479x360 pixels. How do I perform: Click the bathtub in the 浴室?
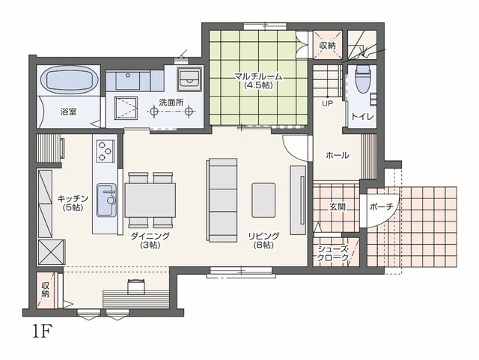[69, 80]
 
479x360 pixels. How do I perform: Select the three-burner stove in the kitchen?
[106, 150]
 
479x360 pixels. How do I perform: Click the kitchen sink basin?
[106, 200]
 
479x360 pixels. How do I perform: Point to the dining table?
[150, 200]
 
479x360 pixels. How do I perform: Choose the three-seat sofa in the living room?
[222, 200]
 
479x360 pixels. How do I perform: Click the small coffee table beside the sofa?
[263, 200]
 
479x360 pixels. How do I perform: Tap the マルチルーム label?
[258, 76]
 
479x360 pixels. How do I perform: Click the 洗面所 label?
[171, 103]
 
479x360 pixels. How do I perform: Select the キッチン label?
[73, 198]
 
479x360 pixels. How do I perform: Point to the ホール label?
[338, 155]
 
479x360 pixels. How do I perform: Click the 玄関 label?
[338, 207]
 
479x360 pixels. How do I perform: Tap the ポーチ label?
[381, 207]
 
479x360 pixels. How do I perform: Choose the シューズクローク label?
[332, 253]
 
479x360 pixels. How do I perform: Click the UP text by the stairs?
[327, 103]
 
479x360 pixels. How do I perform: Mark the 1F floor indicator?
[41, 331]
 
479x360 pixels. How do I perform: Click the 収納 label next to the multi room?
[328, 46]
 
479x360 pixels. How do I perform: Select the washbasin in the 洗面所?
[189, 79]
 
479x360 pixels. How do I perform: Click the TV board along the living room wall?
[298, 200]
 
